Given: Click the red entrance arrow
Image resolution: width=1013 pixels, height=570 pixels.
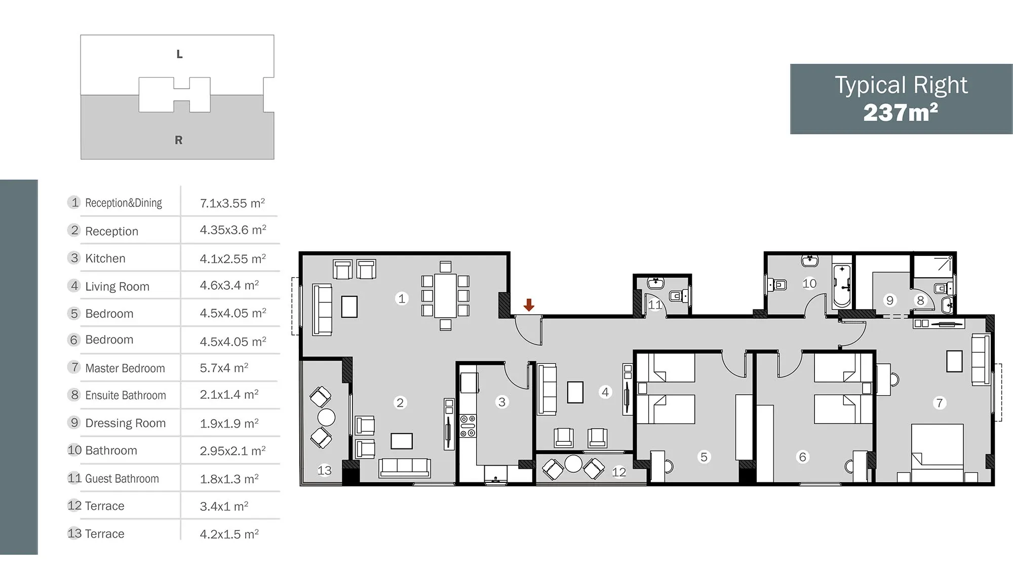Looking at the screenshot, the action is [529, 305].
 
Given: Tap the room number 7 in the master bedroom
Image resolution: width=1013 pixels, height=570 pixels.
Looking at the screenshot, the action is [940, 403].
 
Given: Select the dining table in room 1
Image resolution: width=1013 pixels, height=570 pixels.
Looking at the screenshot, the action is [445, 295].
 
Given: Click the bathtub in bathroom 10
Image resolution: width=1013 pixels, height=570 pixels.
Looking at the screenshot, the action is [842, 285].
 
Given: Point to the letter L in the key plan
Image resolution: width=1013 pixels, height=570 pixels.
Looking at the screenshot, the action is [179, 54].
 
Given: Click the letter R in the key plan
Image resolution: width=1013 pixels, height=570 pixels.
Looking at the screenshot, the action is [179, 140].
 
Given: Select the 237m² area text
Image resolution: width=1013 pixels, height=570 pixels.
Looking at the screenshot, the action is [901, 112].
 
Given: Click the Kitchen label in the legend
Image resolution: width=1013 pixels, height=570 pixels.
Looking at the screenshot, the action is [105, 258].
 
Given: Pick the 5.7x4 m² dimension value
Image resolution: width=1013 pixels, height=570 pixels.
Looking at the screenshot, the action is [224, 368].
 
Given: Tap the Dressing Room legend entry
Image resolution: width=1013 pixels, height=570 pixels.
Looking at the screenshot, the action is [126, 423].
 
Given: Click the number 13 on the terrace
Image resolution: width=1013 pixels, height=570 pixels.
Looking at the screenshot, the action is [325, 470].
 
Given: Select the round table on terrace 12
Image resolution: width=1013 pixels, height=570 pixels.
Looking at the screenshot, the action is [573, 464].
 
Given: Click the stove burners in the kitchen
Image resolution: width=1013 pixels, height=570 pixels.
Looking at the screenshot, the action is [467, 426].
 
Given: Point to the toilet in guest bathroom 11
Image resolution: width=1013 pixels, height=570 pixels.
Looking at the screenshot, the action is [679, 295].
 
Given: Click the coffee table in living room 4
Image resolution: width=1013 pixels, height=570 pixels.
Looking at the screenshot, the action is [575, 392].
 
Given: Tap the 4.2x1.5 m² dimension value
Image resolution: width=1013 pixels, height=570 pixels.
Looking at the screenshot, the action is [229, 534].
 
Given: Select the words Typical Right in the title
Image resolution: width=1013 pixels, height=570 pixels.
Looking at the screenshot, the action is [901, 85].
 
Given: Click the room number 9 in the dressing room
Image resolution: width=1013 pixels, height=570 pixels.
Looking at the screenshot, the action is [890, 300].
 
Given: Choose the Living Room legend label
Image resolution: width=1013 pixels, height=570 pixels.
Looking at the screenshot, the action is [118, 286].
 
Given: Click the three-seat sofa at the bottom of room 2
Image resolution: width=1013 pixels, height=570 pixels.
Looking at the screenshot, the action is [405, 468].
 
